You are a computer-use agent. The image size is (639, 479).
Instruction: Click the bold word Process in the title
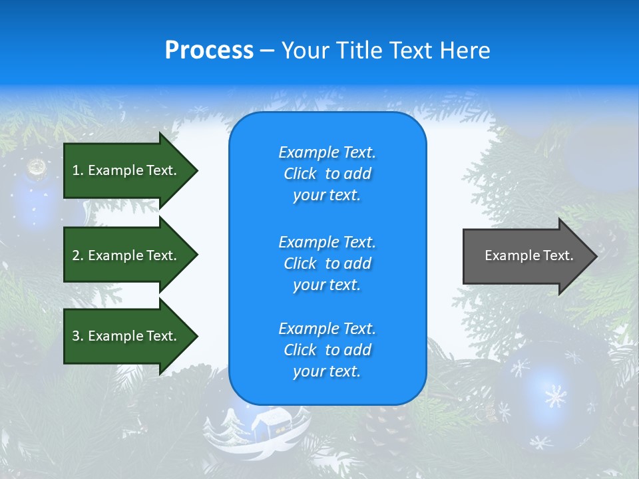pyautogui.click(x=209, y=51)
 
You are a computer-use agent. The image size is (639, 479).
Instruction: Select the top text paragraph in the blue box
pyautogui.click(x=327, y=174)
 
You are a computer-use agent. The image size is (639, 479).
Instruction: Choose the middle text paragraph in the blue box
pyautogui.click(x=327, y=263)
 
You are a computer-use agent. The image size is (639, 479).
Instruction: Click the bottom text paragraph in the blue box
pyautogui.click(x=327, y=350)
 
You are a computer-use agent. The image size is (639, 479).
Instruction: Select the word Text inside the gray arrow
pyautogui.click(x=559, y=255)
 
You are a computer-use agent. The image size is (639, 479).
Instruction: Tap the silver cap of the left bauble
pyautogui.click(x=35, y=167)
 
